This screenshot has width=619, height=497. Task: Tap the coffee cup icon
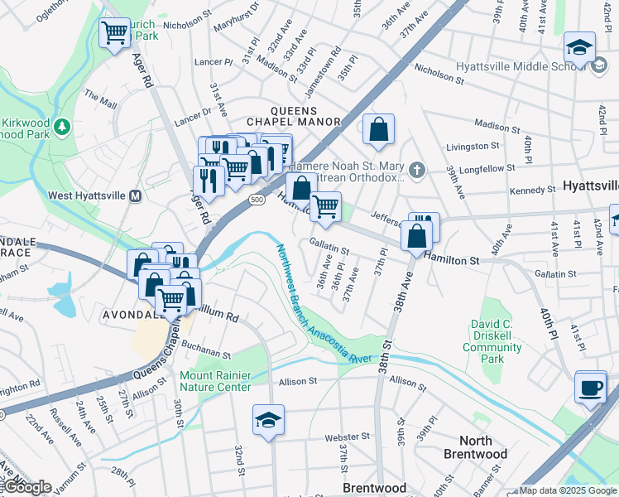[590, 388]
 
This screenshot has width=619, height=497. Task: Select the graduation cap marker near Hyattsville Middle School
[579, 48]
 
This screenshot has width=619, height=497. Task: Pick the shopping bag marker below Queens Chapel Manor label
[378, 130]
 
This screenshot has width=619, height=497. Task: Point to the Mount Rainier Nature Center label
[215, 381]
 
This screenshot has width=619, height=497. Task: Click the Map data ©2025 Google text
[567, 490]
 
